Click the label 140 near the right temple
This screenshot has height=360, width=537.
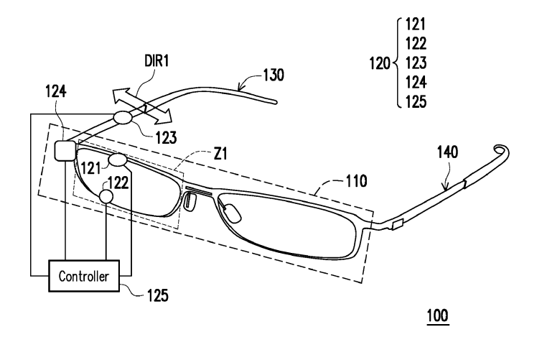[449, 152]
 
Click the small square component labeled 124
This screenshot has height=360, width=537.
[64, 149]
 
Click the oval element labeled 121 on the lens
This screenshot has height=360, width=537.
[118, 160]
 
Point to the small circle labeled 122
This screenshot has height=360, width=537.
[106, 195]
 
